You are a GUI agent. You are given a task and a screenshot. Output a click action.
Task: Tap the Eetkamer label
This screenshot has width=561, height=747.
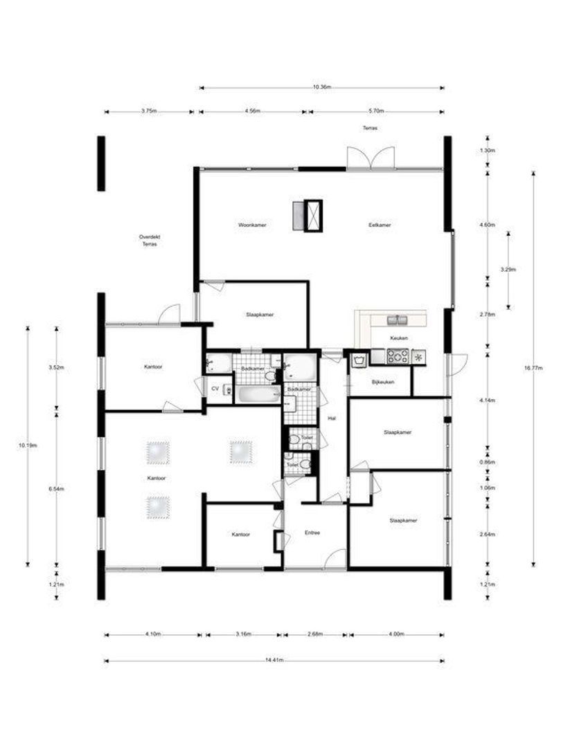tap(380, 225)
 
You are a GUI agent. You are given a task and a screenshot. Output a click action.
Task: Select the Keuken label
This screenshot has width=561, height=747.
tap(399, 338)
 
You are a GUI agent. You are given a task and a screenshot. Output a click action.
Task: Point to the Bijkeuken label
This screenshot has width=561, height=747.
tap(382, 381)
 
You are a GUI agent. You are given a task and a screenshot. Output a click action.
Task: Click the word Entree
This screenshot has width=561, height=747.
tap(312, 533)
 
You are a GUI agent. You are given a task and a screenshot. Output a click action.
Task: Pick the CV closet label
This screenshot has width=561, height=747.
tap(215, 389)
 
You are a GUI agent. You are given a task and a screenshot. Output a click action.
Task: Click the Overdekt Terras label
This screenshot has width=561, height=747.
tap(149, 240)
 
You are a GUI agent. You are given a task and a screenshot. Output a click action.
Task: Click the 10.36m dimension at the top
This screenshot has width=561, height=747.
tap(321, 87)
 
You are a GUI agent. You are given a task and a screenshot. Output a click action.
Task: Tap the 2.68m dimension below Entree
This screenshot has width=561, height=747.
tap(315, 634)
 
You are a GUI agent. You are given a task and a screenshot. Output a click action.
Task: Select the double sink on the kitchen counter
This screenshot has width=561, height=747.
tap(398, 320)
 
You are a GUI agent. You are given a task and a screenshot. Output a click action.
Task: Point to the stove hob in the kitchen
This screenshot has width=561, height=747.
tap(398, 357)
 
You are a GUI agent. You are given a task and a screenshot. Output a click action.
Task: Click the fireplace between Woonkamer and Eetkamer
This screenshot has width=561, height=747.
tap(308, 214)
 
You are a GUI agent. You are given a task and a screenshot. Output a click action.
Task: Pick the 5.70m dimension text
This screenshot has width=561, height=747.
tap(376, 111)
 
